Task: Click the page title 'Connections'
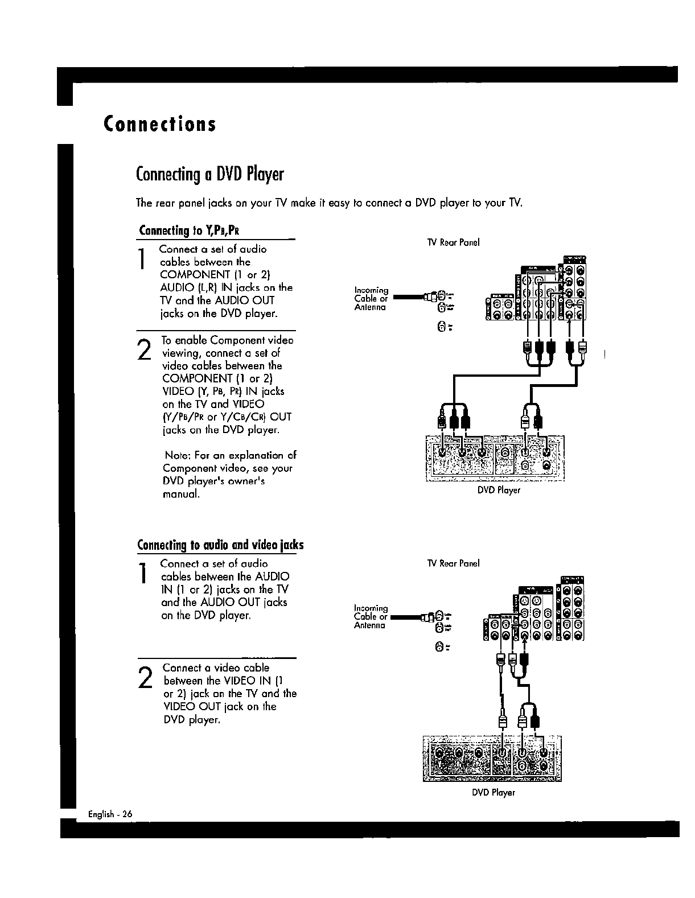click(160, 124)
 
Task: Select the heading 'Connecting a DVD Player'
click(209, 174)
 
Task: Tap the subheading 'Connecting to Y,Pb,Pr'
click(188, 231)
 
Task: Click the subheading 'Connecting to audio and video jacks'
click(220, 545)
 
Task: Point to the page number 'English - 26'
click(110, 814)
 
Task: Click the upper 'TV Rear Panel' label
click(453, 242)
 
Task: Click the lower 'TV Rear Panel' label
click(453, 563)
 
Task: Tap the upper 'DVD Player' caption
click(499, 490)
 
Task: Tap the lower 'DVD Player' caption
click(494, 792)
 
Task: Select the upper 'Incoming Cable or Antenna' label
click(371, 299)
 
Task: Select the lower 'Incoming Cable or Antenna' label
click(371, 617)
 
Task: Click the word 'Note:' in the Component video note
click(178, 455)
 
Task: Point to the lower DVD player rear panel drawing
click(492, 759)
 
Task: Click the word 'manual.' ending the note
click(181, 494)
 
